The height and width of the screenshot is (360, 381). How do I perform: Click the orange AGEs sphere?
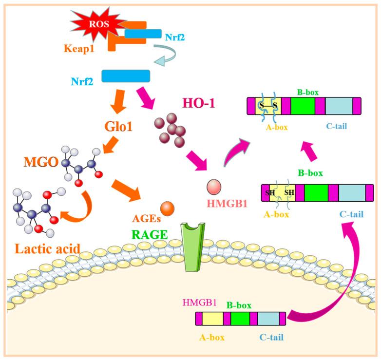tap(167, 208)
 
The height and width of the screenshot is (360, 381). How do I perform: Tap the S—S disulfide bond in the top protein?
tap(268, 105)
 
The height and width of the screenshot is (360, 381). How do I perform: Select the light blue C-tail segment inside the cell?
tap(267, 319)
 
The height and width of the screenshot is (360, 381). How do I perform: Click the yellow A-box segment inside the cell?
tap(212, 319)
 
